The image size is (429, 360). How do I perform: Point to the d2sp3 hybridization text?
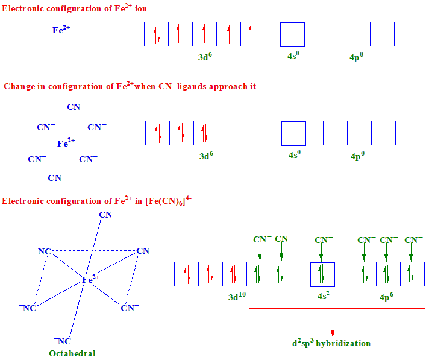point(331,343)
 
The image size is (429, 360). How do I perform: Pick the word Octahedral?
point(72,353)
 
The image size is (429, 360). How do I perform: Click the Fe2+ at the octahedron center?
point(90,279)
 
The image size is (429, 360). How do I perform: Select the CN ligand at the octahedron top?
point(108,214)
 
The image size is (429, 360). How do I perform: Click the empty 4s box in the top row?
point(292,34)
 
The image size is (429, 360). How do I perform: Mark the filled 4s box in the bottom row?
point(322,274)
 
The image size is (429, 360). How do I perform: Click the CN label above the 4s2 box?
point(324,240)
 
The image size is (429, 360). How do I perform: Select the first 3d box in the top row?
point(157,34)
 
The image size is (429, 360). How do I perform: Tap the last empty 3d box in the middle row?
point(254,133)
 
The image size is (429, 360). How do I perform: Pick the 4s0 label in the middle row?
point(294,155)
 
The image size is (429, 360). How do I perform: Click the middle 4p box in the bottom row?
point(388,274)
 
